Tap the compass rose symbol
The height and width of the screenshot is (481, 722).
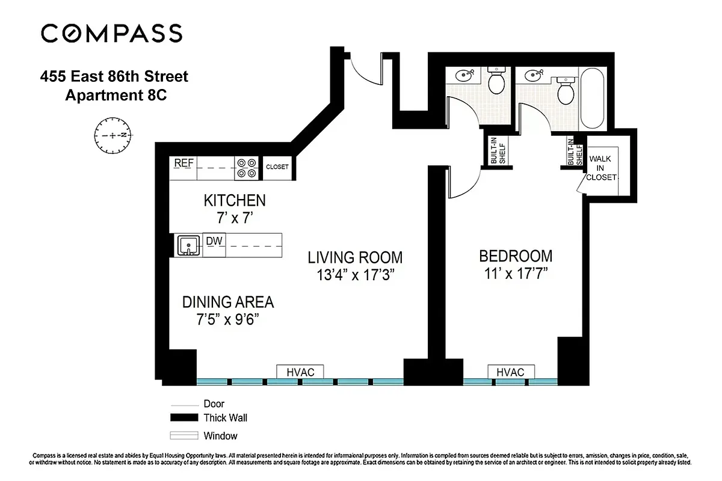point(113,135)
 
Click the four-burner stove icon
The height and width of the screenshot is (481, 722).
point(245,168)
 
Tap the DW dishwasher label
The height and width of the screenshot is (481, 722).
point(214,241)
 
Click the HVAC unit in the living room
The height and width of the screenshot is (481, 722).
point(300,372)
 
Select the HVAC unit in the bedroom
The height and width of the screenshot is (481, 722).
point(510,372)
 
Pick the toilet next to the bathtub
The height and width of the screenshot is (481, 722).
point(566,90)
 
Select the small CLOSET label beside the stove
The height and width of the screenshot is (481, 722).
point(277,167)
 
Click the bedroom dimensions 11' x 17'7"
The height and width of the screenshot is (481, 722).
point(516,274)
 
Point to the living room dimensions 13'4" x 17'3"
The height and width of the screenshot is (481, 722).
point(355,275)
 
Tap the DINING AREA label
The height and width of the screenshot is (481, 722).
point(228,302)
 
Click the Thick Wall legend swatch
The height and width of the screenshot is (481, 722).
point(184,418)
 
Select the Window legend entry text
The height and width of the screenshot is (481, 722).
point(220,436)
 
